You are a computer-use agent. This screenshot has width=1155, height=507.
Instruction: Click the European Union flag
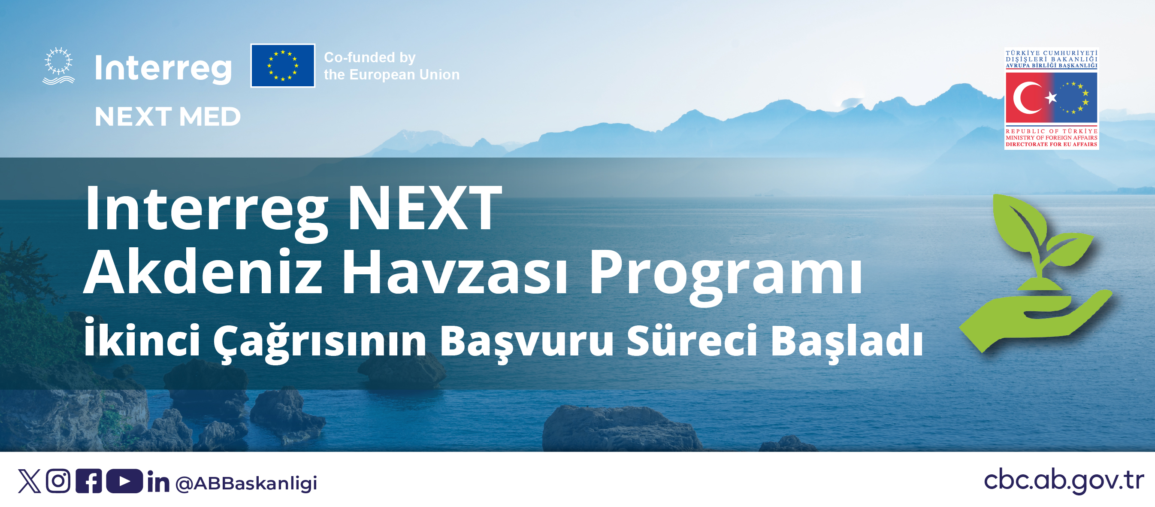(282, 66)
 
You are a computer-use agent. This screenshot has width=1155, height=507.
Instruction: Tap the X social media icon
(29, 481)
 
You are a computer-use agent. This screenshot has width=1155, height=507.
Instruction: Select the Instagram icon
(58, 481)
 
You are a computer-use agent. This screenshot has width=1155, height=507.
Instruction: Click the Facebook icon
(89, 481)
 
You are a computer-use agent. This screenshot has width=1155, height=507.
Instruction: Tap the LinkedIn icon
(158, 482)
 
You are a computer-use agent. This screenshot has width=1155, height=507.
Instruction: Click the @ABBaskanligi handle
(246, 483)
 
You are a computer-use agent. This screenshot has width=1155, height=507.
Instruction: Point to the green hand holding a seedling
(1036, 274)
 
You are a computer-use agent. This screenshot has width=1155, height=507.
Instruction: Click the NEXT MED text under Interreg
(168, 117)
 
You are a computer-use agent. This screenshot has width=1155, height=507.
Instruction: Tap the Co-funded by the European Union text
(392, 66)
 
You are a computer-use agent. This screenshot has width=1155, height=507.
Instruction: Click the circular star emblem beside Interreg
(58, 66)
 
